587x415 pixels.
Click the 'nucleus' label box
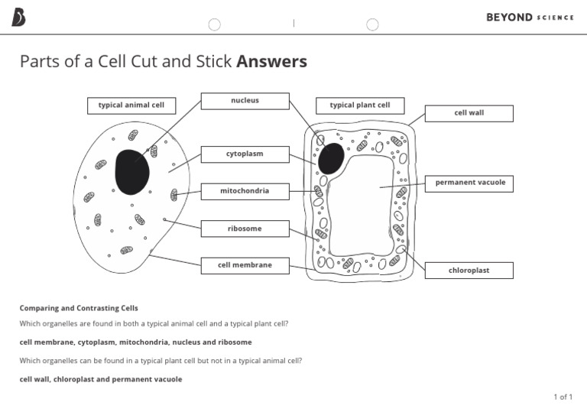(245, 101)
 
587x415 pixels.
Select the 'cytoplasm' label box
(245, 154)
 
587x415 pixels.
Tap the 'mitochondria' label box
(245, 191)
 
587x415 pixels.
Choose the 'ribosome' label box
(245, 229)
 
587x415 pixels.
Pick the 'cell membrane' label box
(245, 266)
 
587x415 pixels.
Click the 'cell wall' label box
(469, 113)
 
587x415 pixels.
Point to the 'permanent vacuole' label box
(470, 183)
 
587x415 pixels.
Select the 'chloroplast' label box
(469, 271)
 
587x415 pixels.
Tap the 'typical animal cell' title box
(131, 105)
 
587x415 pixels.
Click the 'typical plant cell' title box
(360, 105)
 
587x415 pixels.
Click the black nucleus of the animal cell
(131, 172)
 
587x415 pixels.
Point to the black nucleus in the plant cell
(331, 158)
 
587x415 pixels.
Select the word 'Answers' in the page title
(272, 62)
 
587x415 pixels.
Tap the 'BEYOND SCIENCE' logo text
(530, 18)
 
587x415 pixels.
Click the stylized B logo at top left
(18, 18)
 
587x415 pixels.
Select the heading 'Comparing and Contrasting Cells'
(79, 308)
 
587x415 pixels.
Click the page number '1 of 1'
(563, 397)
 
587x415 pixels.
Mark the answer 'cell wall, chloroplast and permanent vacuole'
(101, 379)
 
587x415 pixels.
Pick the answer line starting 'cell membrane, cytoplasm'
(135, 342)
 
